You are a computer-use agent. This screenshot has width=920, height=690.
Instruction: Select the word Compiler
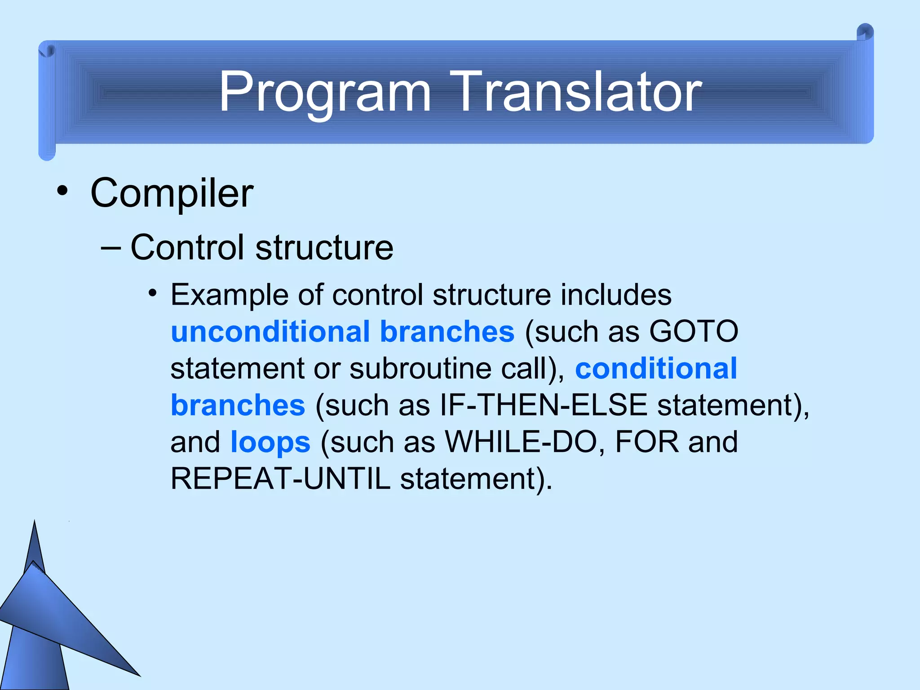[172, 193]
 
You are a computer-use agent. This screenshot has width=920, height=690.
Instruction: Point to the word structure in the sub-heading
[324, 248]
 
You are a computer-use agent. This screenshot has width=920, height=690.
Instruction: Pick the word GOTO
[694, 332]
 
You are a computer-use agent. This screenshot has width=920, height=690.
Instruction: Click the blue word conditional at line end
[656, 369]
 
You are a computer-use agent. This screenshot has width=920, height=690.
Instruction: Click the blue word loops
[270, 442]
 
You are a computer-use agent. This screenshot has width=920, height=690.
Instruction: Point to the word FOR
[646, 442]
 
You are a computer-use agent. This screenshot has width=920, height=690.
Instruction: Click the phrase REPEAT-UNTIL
[280, 479]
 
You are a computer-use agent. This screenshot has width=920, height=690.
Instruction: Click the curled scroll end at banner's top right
[865, 34]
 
